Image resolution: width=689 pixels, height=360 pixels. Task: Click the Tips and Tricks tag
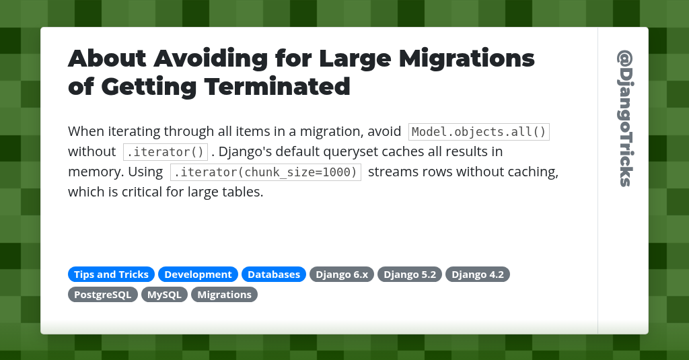click(x=111, y=275)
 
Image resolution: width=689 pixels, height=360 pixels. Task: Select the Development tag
click(x=198, y=275)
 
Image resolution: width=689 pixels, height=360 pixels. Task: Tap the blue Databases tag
click(x=274, y=275)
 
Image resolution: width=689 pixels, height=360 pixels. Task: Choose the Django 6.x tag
click(x=342, y=275)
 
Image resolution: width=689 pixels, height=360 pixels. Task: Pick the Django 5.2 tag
click(x=410, y=275)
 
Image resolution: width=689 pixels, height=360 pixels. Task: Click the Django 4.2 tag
click(x=478, y=275)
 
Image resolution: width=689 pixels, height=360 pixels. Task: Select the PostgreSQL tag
click(x=103, y=295)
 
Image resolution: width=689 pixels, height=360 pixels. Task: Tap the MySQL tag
click(x=165, y=295)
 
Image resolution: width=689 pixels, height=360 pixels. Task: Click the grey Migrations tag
click(x=224, y=295)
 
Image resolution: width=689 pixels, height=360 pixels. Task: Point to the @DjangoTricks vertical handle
click(x=624, y=118)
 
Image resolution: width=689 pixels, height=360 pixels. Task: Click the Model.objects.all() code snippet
click(x=479, y=132)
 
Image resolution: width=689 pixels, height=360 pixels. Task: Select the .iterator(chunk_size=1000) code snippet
click(x=266, y=172)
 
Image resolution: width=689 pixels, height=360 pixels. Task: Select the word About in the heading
click(x=106, y=59)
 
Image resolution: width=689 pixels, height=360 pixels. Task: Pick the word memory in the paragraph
click(x=92, y=172)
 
